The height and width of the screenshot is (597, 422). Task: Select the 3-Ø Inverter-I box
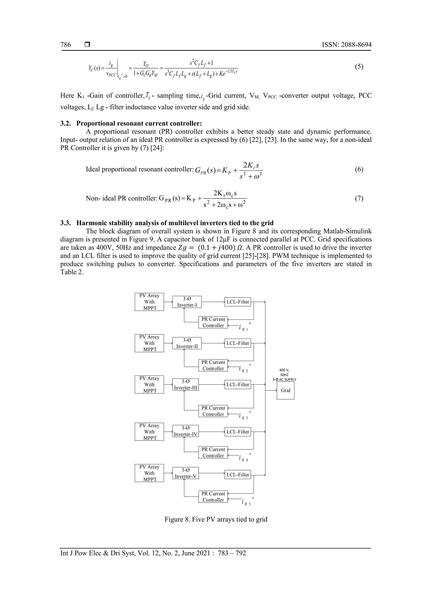pyautogui.click(x=187, y=302)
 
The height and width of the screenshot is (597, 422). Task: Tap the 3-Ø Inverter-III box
pyautogui.click(x=185, y=384)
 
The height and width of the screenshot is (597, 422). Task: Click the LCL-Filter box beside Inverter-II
pyautogui.click(x=238, y=343)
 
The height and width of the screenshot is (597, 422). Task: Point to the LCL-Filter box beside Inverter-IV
pyautogui.click(x=238, y=432)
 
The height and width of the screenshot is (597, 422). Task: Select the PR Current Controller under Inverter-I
pyautogui.click(x=213, y=322)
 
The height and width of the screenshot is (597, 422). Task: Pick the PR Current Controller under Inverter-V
pyautogui.click(x=213, y=497)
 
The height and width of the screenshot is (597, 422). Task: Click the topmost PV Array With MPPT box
pyautogui.click(x=149, y=302)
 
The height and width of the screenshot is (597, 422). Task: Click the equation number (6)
pyautogui.click(x=359, y=169)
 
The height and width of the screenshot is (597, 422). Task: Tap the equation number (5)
pyautogui.click(x=359, y=67)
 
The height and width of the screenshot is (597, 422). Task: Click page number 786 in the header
pyautogui.click(x=66, y=45)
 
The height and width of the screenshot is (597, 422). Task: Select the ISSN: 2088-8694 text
pyautogui.click(x=347, y=45)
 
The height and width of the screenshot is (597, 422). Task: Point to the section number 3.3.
pyautogui.click(x=66, y=223)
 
